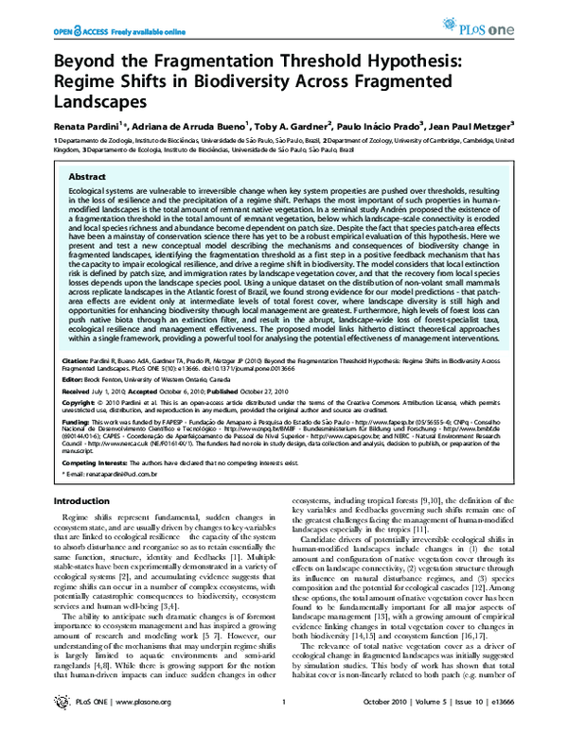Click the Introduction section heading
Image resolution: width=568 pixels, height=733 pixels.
tap(81, 500)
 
